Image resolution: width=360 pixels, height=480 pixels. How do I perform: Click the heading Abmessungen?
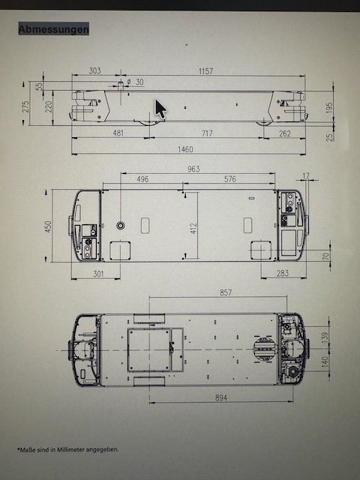tap(54, 29)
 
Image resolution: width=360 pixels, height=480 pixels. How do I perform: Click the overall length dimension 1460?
tap(185, 149)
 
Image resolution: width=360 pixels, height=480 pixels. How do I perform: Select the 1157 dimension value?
tap(205, 71)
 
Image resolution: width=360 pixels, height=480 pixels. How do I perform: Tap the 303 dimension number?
tap(94, 70)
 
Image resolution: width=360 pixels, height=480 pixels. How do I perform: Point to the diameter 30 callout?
tap(135, 82)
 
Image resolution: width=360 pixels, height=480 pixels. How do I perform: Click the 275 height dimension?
tap(25, 106)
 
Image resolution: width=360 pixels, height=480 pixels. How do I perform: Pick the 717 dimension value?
tap(207, 133)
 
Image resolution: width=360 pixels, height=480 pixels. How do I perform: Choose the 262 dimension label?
tap(285, 133)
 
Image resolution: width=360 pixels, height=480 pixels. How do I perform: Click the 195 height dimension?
tap(329, 108)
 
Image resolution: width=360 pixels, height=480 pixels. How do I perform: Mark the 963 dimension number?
tap(193, 169)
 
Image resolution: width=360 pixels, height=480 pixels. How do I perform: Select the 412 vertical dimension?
tap(193, 228)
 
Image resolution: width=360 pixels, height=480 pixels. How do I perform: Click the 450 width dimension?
tap(48, 226)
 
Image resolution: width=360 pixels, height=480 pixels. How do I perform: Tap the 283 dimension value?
tap(282, 273)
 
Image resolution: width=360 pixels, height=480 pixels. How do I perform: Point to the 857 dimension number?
tap(226, 292)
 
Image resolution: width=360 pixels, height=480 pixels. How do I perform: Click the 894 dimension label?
tap(221, 397)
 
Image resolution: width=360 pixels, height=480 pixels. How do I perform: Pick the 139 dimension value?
tap(325, 337)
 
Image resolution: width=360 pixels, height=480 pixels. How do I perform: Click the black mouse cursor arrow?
tap(160, 109)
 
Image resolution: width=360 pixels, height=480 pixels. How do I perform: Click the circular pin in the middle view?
tap(121, 226)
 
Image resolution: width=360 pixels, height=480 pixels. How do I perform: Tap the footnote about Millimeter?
tap(67, 450)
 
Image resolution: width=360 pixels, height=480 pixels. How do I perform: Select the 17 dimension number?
tap(306, 176)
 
